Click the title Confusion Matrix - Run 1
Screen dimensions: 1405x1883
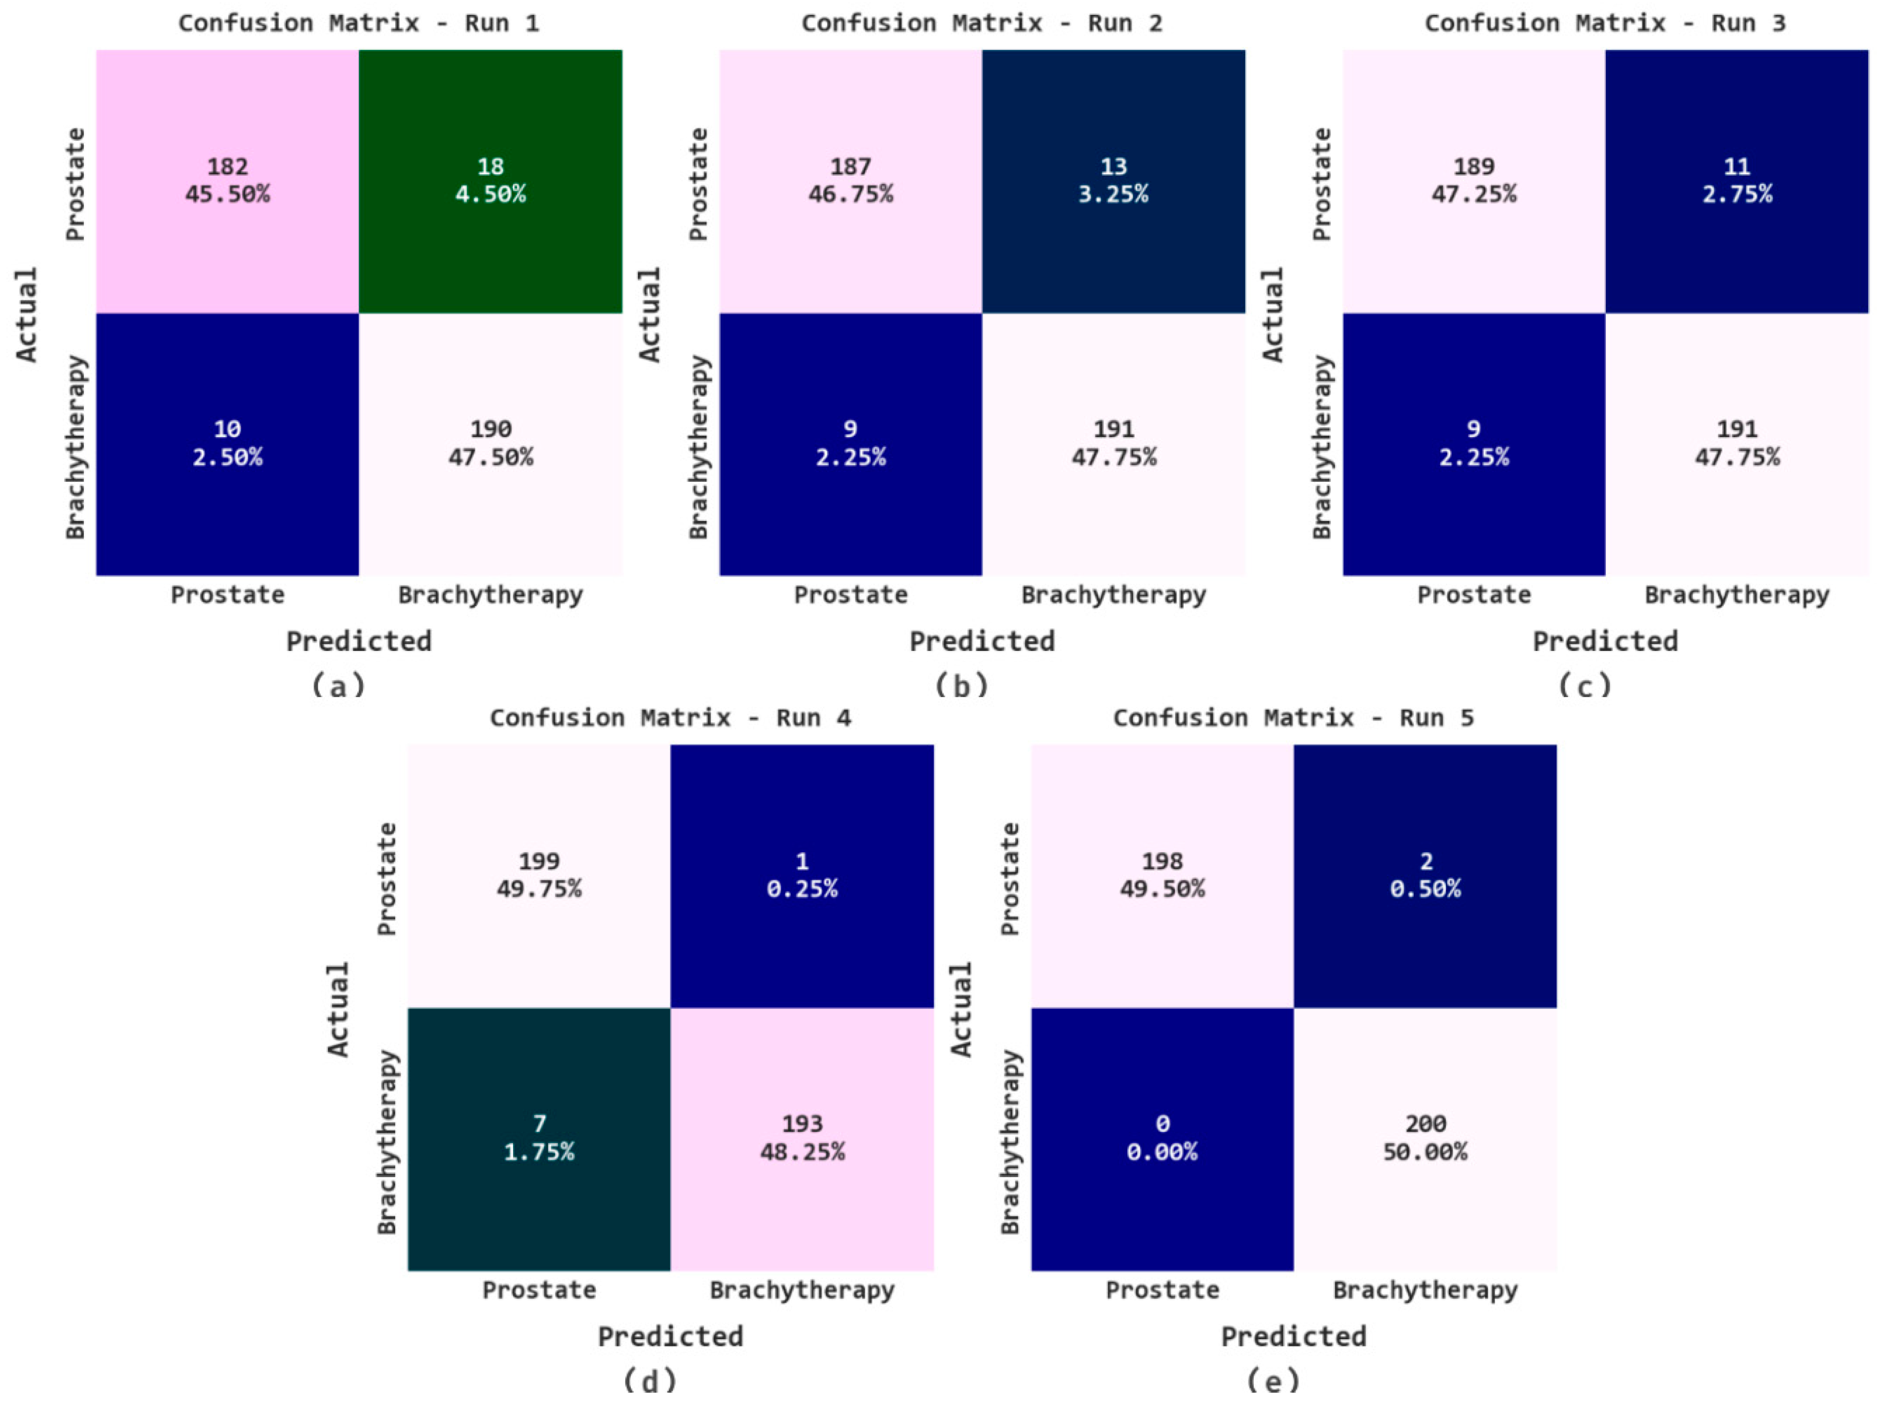coord(358,23)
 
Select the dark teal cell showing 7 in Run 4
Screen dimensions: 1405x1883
coord(539,1138)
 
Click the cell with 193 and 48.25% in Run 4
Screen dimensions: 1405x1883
coord(801,1138)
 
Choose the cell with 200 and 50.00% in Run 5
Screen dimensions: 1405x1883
coord(1424,1138)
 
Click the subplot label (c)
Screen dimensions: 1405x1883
coord(1584,685)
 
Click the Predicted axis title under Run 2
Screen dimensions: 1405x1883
coord(982,641)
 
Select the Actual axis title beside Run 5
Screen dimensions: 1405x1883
coord(961,1009)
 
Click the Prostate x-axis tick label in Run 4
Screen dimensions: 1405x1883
coord(539,1289)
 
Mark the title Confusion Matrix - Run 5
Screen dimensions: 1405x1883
coord(1293,718)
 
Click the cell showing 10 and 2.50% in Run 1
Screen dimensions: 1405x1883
coord(227,443)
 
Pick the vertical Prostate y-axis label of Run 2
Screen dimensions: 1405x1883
coord(698,184)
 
